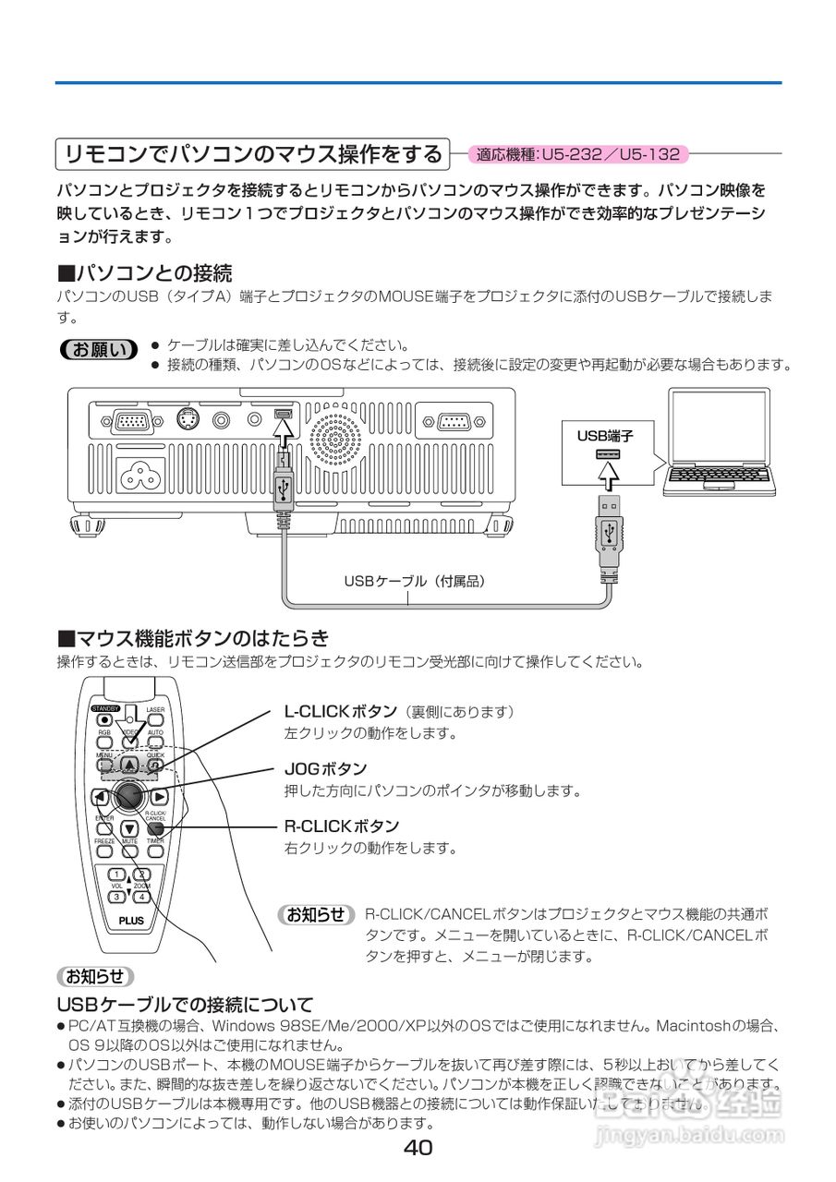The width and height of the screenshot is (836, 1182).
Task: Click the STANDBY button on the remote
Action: pyautogui.click(x=104, y=719)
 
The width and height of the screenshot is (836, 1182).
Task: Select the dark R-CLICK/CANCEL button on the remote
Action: pyautogui.click(x=154, y=829)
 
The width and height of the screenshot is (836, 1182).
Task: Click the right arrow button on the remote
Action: pyautogui.click(x=160, y=797)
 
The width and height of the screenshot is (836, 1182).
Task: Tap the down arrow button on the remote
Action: pyautogui.click(x=129, y=829)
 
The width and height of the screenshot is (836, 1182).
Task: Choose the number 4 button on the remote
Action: pyautogui.click(x=141, y=896)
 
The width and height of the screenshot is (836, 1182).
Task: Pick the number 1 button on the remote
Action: pyautogui.click(x=116, y=874)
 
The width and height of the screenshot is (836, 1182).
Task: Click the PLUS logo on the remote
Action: pyautogui.click(x=131, y=921)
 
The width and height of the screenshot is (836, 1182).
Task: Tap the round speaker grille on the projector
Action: pyautogui.click(x=336, y=437)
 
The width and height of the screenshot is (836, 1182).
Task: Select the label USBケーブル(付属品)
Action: pyautogui.click(x=415, y=582)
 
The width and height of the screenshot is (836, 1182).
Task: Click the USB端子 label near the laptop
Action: pyautogui.click(x=605, y=436)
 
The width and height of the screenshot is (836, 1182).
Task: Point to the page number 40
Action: pyautogui.click(x=418, y=1148)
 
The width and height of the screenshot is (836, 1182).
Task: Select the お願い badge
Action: pyautogui.click(x=97, y=349)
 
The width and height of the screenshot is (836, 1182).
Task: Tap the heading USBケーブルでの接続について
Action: pyautogui.click(x=185, y=1004)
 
